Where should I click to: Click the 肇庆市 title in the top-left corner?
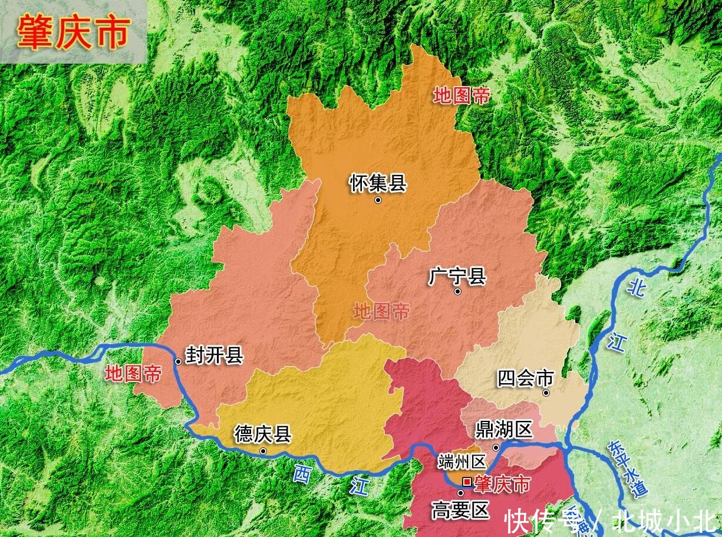(73, 32)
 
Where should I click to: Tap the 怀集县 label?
(378, 183)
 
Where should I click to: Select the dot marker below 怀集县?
(378, 200)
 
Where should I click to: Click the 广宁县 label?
(457, 275)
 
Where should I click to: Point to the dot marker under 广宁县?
(457, 291)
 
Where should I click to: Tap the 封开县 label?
(214, 355)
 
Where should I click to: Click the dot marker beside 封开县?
(178, 361)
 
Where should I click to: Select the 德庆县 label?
(262, 434)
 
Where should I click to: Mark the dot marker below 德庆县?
(263, 452)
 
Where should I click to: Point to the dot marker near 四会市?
(546, 393)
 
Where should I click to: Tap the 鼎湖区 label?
(504, 430)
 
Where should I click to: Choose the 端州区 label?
(461, 462)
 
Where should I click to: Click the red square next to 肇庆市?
(467, 482)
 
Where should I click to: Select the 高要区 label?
(460, 510)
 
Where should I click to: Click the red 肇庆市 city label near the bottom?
(502, 485)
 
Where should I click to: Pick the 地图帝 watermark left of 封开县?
(133, 373)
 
